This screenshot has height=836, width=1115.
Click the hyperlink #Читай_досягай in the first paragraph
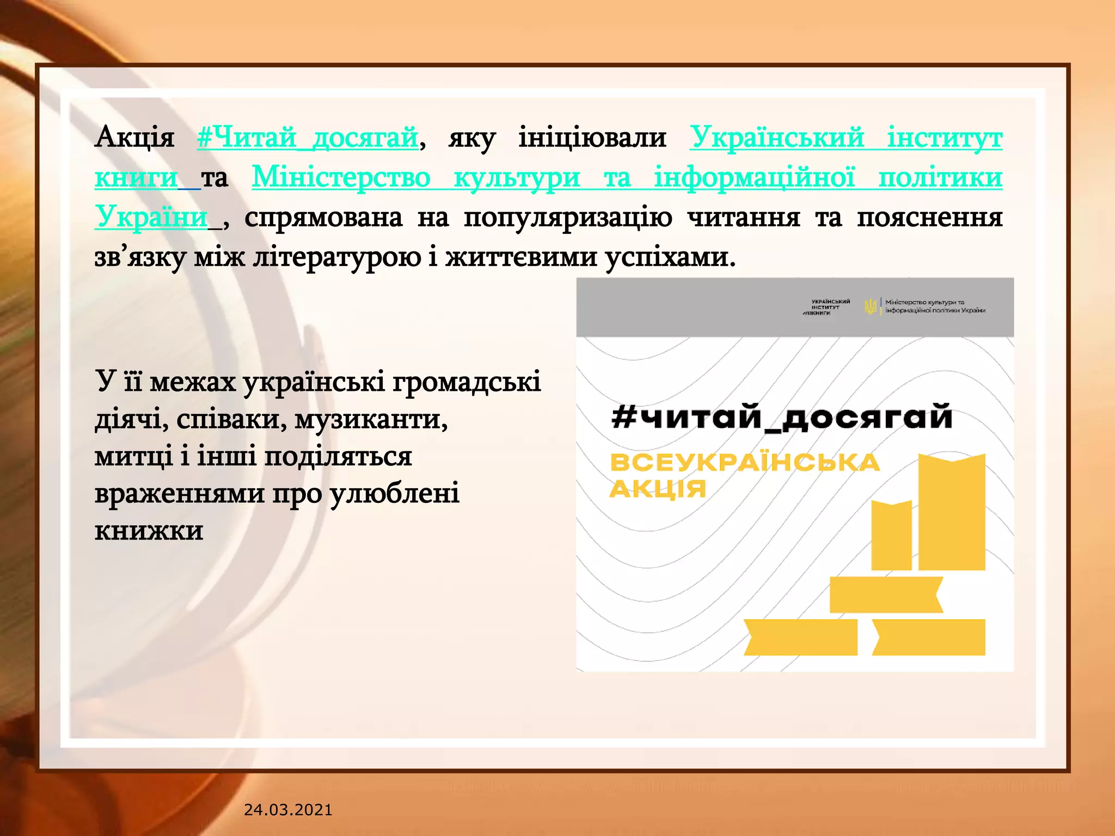[308, 137]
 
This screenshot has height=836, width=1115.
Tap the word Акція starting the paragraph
[134, 137]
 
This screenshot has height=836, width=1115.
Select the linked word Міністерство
[341, 177]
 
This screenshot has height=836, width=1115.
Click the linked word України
[151, 217]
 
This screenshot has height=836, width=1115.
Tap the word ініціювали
[592, 137]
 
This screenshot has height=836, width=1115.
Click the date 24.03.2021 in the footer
[288, 810]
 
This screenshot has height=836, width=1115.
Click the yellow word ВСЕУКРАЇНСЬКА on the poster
[744, 463]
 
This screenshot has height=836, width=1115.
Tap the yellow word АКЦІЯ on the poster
[658, 489]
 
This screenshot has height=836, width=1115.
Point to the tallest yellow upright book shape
[952, 512]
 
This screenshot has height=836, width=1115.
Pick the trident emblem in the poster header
[871, 307]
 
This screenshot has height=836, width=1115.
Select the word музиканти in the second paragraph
[371, 420]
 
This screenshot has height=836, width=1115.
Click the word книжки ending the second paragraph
[149, 531]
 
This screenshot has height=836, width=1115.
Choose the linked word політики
[940, 177]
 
